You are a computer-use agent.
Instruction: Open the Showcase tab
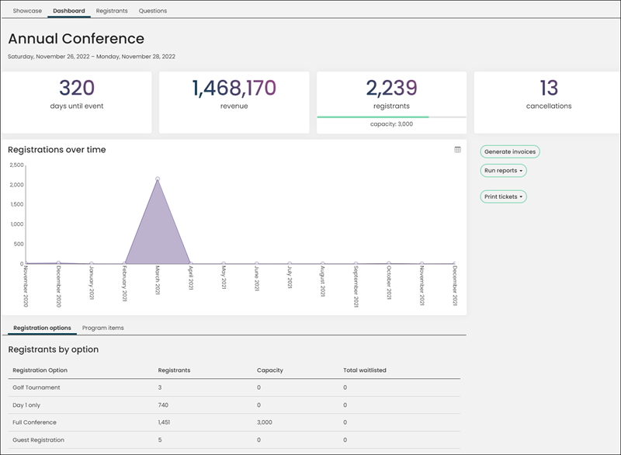27,11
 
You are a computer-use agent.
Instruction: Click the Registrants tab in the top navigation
112,11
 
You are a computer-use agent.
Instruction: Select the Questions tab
152,11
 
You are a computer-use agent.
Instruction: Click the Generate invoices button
510,151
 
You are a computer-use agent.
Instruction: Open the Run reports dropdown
503,171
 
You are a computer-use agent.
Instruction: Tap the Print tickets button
503,196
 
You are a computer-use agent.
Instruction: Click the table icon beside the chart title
457,150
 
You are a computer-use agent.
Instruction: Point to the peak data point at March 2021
158,179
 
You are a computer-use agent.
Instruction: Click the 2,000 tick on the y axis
16,185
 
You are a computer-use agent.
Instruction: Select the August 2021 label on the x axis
322,281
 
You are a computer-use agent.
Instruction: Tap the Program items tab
103,328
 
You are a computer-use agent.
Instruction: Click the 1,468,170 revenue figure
234,88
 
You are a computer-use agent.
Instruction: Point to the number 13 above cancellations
549,88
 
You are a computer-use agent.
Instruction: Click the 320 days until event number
77,88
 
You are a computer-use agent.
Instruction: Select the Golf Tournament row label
36,387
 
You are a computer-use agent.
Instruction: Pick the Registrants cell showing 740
163,405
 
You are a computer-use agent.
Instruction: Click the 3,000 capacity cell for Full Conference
265,422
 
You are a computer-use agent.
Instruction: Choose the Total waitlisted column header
365,370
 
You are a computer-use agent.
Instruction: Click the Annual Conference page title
76,39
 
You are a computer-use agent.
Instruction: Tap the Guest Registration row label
38,440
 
